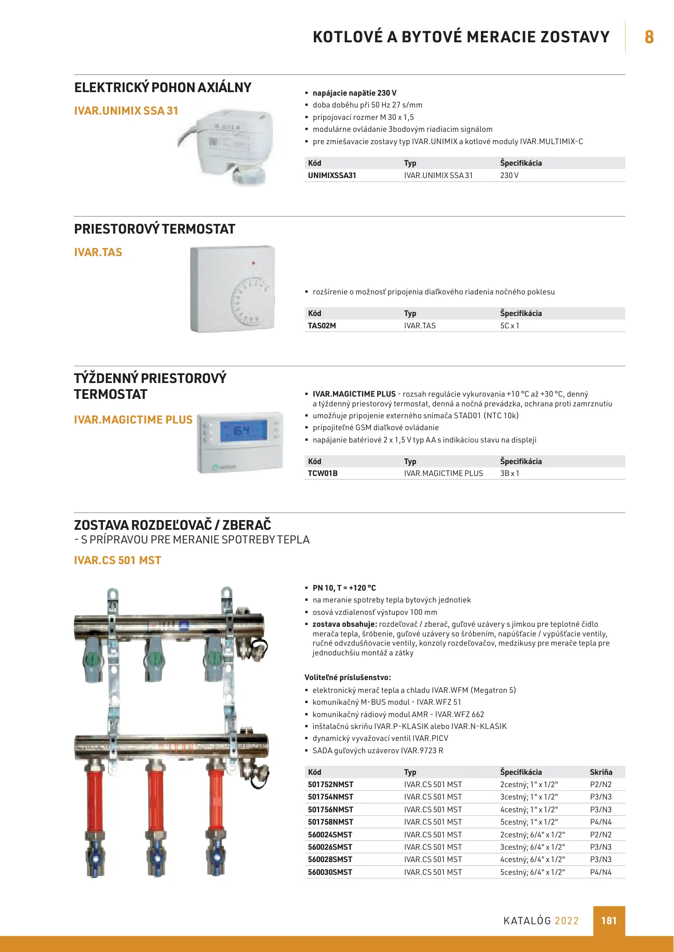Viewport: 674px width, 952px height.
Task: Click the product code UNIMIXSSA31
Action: click(332, 175)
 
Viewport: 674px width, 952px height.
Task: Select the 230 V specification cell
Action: click(509, 175)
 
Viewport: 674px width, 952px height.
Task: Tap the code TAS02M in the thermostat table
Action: click(322, 326)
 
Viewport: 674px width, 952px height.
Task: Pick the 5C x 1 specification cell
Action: click(510, 326)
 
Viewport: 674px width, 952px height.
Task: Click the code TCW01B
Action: click(323, 473)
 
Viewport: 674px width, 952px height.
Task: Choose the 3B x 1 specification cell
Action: click(510, 473)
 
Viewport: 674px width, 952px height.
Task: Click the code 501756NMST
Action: click(331, 810)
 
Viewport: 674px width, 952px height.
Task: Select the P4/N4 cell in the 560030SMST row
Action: click(601, 872)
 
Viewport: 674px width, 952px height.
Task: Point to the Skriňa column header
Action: click(601, 772)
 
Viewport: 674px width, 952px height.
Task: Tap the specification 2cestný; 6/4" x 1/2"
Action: click(532, 835)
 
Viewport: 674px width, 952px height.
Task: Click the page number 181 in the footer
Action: click(609, 921)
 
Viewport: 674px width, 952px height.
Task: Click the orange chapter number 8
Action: click(649, 37)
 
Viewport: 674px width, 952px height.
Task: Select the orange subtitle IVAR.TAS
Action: click(98, 253)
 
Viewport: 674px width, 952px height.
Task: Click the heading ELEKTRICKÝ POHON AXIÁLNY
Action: click(163, 88)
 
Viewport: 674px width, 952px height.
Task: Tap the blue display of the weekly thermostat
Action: click(243, 431)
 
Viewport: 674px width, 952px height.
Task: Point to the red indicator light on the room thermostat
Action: click(253, 263)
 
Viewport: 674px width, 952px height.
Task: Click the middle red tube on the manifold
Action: click(155, 798)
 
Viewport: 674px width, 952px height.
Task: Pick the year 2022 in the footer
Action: click(566, 921)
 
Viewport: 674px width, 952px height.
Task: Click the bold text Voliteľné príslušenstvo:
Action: click(348, 677)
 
